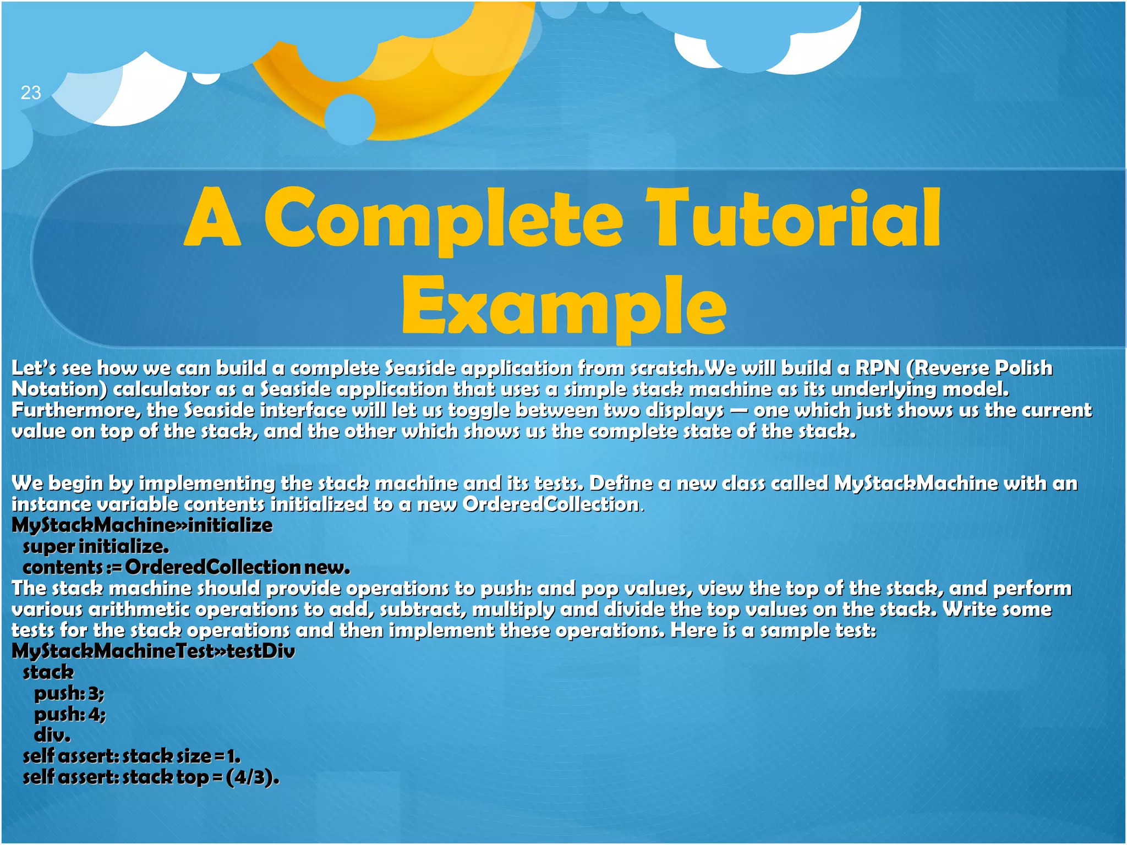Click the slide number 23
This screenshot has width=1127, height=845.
pyautogui.click(x=31, y=92)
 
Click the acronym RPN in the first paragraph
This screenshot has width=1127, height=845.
pyautogui.click(x=877, y=368)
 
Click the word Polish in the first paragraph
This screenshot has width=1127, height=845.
pyautogui.click(x=1024, y=368)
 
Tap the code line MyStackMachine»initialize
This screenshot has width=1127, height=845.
pyautogui.click(x=142, y=525)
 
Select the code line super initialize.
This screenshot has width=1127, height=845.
pyautogui.click(x=96, y=546)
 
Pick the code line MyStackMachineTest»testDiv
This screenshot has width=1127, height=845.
pyautogui.click(x=153, y=651)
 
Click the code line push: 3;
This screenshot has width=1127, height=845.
pyautogui.click(x=69, y=693)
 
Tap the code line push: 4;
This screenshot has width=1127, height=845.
pyautogui.click(x=70, y=714)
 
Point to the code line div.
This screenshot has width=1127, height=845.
pyautogui.click(x=52, y=735)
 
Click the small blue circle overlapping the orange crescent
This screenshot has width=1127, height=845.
pyautogui.click(x=350, y=119)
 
